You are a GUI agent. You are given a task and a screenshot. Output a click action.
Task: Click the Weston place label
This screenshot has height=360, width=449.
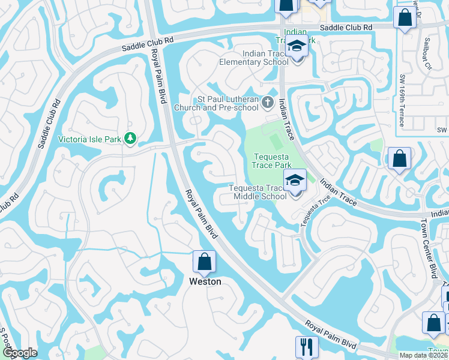point(205,281)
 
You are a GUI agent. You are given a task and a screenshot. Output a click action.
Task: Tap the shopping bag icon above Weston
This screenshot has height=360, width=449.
point(204,262)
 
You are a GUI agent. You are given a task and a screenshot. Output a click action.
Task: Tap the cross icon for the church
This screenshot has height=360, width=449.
point(268,104)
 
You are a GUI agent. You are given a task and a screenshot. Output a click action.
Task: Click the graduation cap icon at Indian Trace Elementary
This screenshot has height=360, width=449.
point(295,47)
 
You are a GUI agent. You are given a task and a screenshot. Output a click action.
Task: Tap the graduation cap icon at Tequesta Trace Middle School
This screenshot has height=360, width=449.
point(295,181)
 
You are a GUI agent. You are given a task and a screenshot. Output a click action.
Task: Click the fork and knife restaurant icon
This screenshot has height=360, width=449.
point(306,346)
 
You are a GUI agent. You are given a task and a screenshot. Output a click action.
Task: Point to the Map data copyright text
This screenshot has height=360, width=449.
point(424,355)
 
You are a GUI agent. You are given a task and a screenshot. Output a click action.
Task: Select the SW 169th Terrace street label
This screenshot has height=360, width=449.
point(402,101)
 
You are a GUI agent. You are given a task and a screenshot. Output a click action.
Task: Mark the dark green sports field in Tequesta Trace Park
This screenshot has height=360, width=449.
point(276,142)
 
